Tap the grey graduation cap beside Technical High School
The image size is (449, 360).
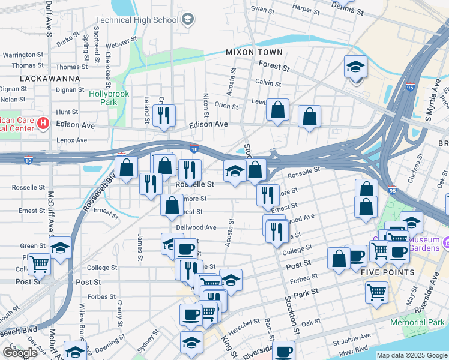pyautogui.click(x=188, y=20)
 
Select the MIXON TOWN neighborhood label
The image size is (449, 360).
pyautogui.click(x=250, y=52)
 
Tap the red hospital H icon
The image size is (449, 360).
pyautogui.click(x=43, y=124)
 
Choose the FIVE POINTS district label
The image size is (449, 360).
pyautogui.click(x=388, y=272)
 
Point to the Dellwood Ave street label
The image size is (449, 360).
pyautogui.click(x=196, y=227)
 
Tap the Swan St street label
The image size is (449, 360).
pyautogui.click(x=262, y=10)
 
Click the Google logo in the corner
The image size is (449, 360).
pyautogui.click(x=20, y=353)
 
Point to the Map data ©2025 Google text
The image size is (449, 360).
pyautogui.click(x=411, y=355)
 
